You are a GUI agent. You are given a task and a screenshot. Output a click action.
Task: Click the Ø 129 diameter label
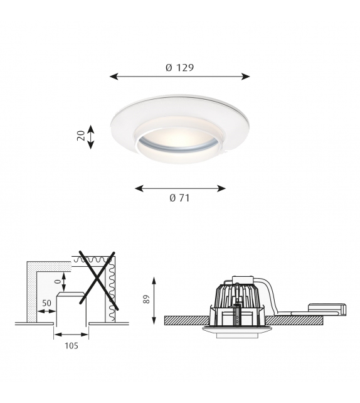(x=179, y=67)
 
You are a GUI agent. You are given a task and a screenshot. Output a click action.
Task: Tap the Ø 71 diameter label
(x=179, y=198)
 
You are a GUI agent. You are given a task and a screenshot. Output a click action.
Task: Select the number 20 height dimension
(x=81, y=136)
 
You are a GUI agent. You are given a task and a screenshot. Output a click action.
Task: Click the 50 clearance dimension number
(x=46, y=303)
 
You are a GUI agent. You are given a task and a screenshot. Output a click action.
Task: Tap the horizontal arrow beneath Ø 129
(x=179, y=77)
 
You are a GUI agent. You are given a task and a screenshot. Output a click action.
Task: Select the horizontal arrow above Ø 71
(x=180, y=188)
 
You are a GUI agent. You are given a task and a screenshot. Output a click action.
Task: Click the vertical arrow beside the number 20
(x=91, y=136)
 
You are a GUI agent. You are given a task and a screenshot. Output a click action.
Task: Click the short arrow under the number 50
(x=46, y=311)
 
